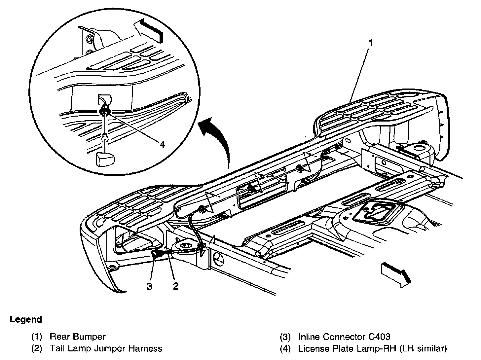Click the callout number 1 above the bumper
click(x=371, y=43)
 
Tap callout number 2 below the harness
click(x=175, y=286)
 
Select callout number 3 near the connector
click(x=150, y=286)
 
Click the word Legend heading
click(x=26, y=320)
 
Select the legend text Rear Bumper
click(x=78, y=337)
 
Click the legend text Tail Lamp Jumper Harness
click(x=106, y=348)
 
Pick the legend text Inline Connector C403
click(x=344, y=337)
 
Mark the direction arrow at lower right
click(x=396, y=273)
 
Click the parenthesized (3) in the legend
click(x=285, y=337)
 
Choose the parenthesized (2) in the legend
click(x=36, y=348)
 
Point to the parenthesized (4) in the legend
click(x=285, y=348)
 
